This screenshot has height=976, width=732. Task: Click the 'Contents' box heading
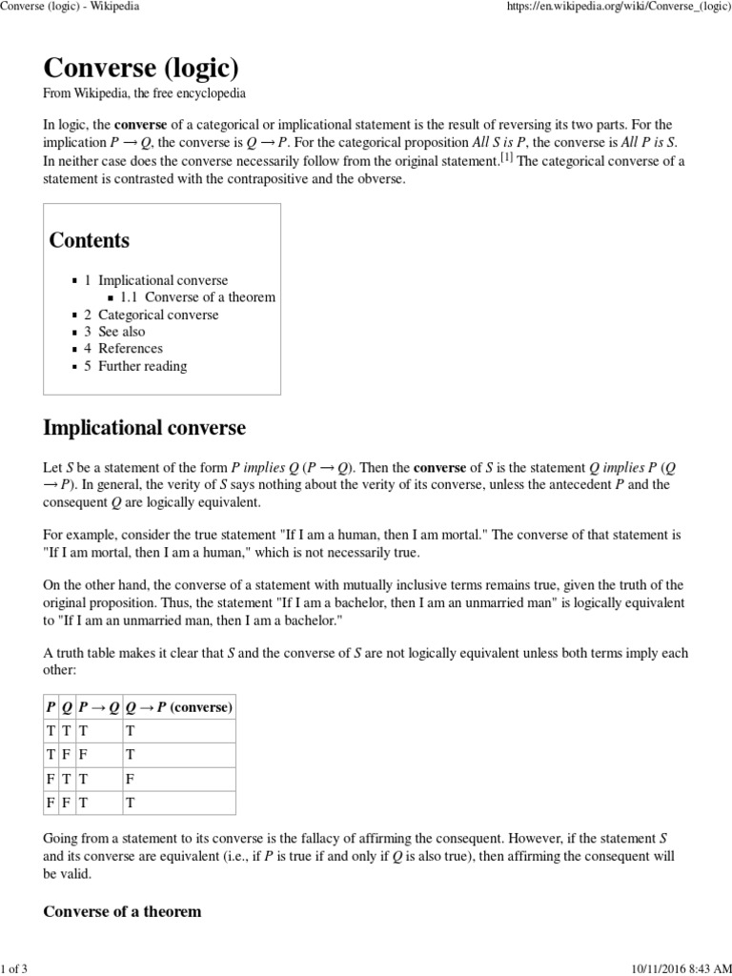click(90, 240)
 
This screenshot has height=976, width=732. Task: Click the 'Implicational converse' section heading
click(144, 428)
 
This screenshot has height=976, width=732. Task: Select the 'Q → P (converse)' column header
click(179, 707)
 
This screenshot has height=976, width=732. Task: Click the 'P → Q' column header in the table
click(99, 707)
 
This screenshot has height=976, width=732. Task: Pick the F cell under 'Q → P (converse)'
click(131, 779)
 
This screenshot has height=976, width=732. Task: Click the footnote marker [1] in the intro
click(508, 158)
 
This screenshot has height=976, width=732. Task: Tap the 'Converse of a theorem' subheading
click(122, 911)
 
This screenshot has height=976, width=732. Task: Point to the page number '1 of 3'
click(14, 968)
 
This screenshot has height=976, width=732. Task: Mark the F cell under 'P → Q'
click(83, 755)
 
